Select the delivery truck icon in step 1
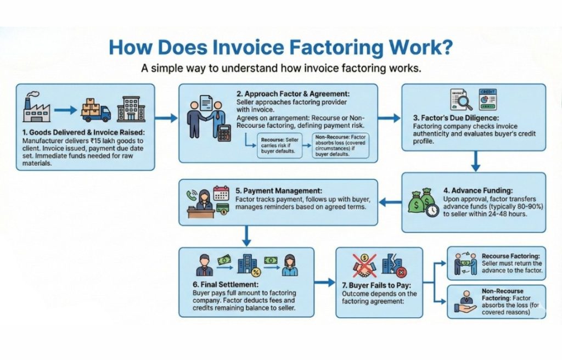[95, 110]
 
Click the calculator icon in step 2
[223, 134]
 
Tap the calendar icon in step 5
[221, 194]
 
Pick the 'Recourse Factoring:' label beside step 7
[511, 256]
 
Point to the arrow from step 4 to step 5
[390, 203]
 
